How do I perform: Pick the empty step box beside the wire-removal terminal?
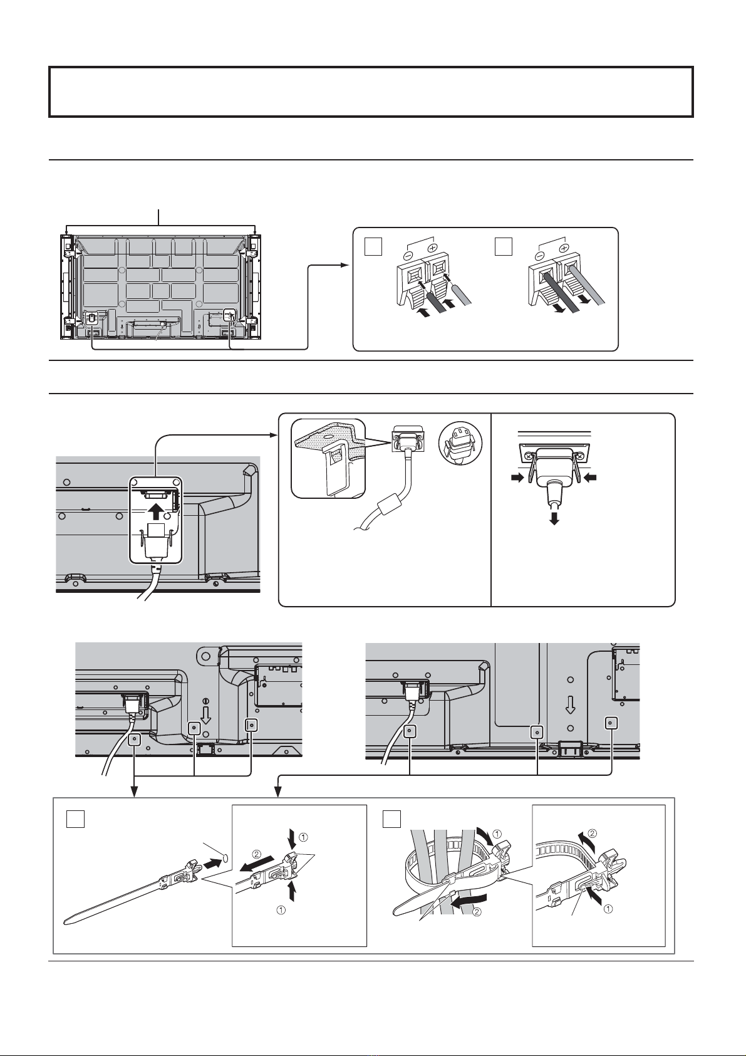(x=504, y=248)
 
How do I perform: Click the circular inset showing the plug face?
(x=460, y=442)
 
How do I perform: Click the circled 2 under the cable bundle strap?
(x=477, y=912)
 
